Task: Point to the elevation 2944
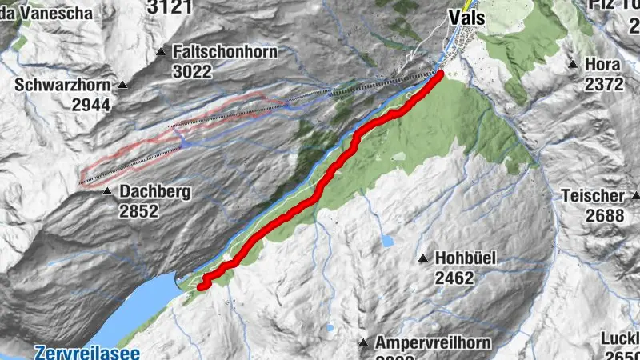pos(91,104)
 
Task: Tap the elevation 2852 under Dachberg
pos(140,212)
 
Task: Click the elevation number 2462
pos(455,278)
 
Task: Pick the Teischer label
pos(593,195)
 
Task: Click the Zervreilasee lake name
pos(87,352)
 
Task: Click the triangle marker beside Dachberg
pos(107,192)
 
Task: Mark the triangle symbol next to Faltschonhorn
pos(161,52)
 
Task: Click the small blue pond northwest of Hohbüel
pos(388,240)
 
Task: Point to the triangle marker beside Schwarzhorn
pos(123,85)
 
